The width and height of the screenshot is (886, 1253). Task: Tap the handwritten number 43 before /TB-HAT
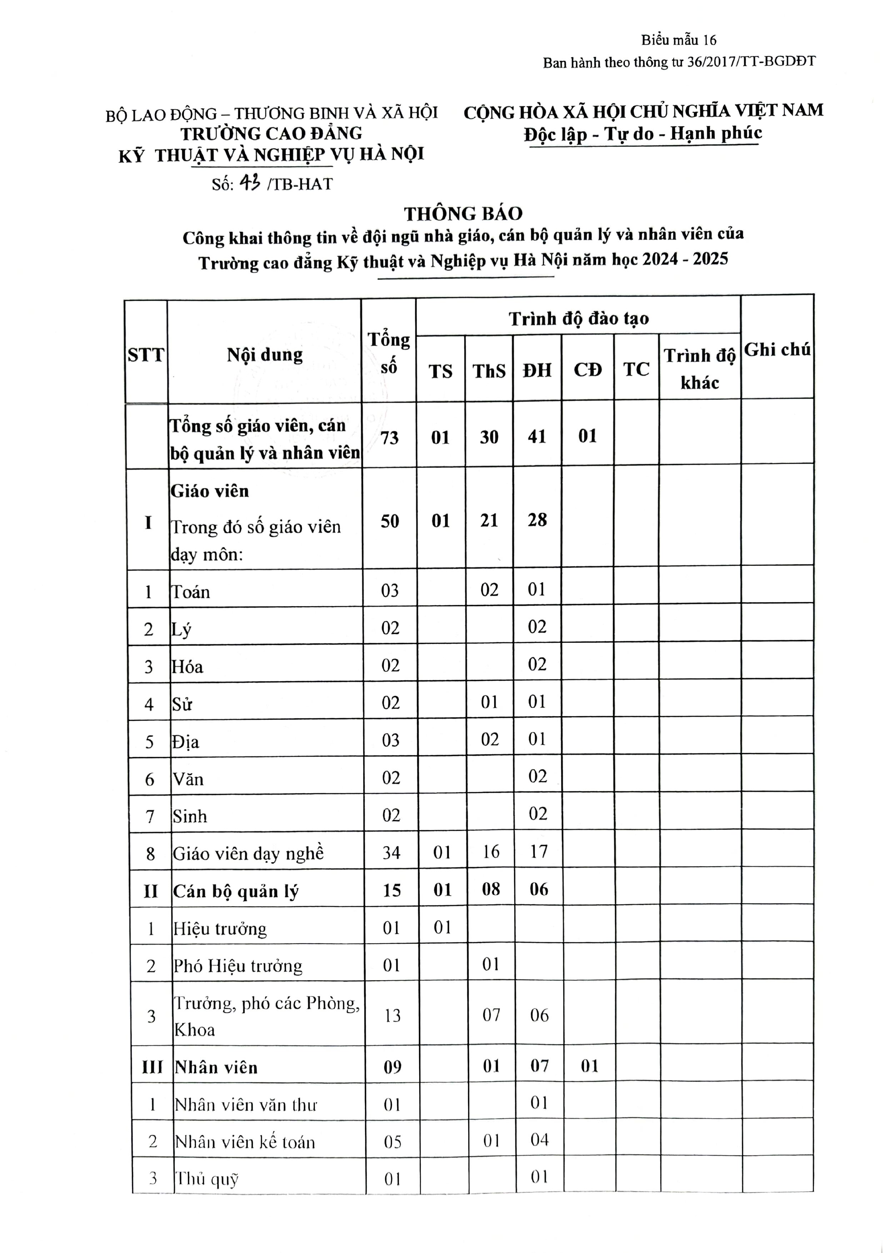[x=250, y=184]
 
